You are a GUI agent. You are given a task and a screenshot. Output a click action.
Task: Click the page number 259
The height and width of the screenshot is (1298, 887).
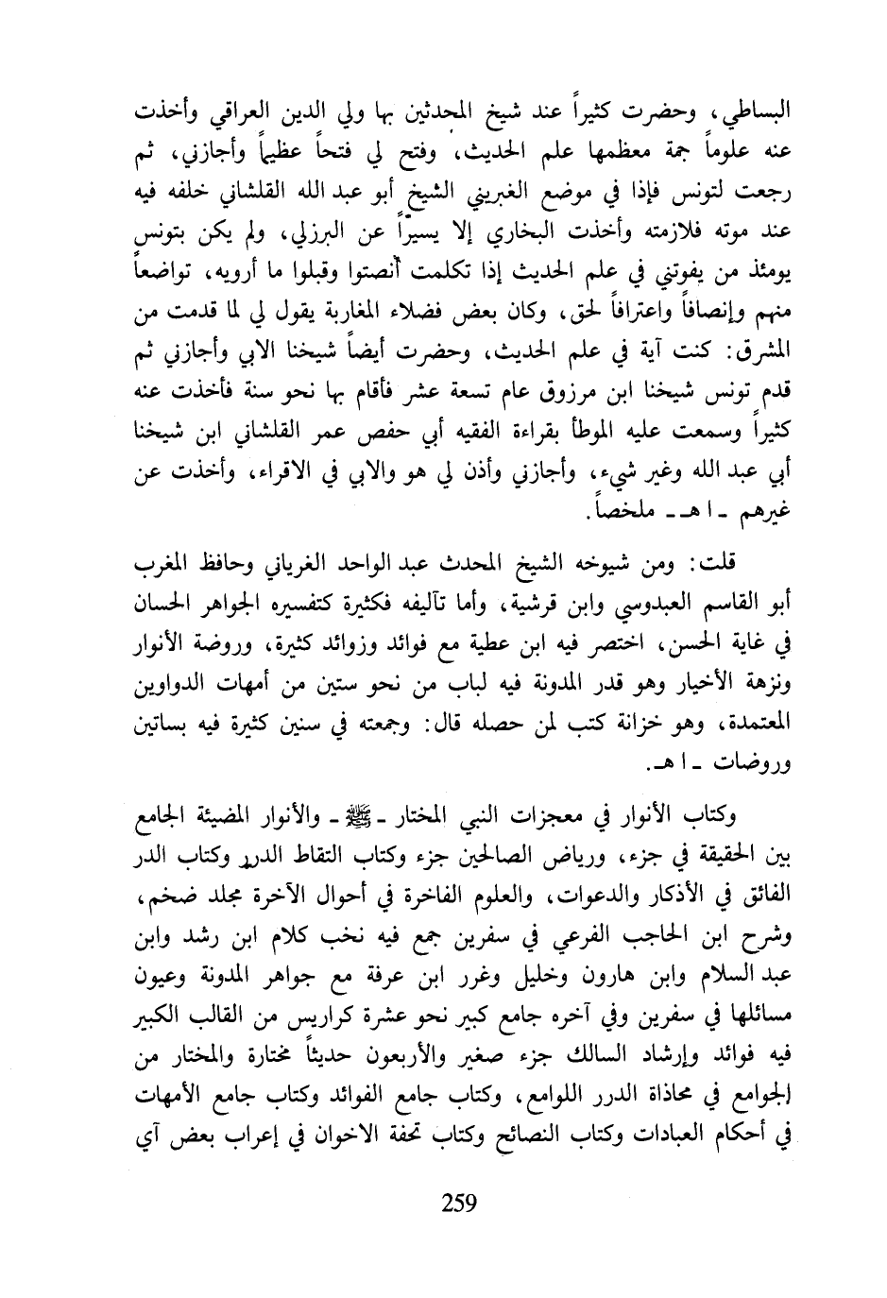[x=457, y=1202]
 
